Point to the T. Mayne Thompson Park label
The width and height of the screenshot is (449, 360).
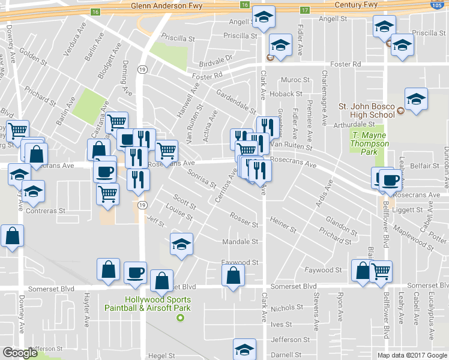click(x=370, y=139)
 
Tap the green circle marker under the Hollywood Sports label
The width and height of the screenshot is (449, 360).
click(x=179, y=317)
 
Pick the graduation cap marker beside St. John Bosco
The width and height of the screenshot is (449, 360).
click(x=415, y=99)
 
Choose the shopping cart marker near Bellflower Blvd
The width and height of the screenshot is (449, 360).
click(x=381, y=271)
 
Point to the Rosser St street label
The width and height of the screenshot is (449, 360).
click(x=244, y=221)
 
